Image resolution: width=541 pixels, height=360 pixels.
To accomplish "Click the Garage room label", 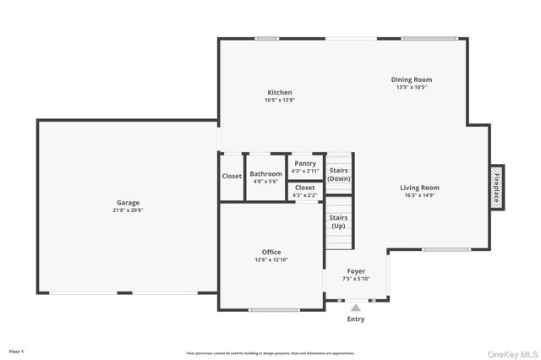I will (128, 203).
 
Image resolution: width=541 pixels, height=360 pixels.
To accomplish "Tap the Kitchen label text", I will (280, 92).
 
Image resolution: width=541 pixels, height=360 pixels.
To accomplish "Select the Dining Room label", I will (411, 79).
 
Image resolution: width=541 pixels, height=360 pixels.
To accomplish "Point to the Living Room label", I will (419, 188).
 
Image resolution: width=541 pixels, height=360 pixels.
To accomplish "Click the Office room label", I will (271, 252).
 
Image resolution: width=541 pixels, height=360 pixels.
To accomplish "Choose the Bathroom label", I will (265, 174).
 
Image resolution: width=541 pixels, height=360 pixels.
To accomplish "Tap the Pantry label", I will (305, 163).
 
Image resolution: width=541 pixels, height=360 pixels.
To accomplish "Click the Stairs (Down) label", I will (339, 174).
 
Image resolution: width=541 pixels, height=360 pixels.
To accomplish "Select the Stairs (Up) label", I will (338, 221).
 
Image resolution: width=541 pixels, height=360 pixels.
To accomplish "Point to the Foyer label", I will (356, 271).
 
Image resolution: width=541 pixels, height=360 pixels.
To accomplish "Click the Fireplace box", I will (496, 187).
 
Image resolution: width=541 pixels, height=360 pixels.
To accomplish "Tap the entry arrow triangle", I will (356, 308).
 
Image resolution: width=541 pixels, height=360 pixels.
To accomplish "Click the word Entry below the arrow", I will (356, 319).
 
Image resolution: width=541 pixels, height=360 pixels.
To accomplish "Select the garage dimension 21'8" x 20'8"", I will (128, 210).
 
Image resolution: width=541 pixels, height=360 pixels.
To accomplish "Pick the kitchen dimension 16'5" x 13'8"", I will (280, 100).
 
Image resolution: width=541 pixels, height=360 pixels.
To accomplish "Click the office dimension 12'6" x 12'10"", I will (271, 259).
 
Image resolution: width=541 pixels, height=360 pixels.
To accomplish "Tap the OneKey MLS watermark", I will (511, 353).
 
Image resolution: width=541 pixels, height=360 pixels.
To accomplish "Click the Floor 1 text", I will (16, 350).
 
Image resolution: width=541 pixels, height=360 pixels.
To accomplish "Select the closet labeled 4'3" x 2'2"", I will (305, 195).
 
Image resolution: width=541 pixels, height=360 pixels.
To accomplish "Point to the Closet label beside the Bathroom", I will (232, 176).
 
